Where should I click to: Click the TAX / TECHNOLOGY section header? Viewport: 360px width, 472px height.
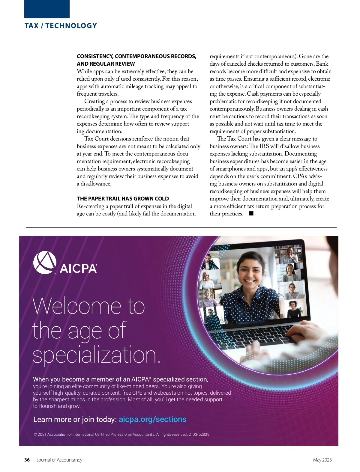(x=61, y=26)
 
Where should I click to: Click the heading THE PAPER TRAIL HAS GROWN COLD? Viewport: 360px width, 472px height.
(x=123, y=198)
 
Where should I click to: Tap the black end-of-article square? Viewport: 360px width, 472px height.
(x=251, y=213)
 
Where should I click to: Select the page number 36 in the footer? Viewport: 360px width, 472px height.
(x=27, y=460)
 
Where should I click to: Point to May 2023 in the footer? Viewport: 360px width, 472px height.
(x=322, y=460)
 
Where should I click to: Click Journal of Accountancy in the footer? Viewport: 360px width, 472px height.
(x=59, y=460)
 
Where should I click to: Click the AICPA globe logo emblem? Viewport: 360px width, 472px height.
(x=45, y=263)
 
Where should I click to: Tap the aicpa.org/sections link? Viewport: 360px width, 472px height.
(x=152, y=419)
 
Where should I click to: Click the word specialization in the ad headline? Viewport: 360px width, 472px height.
(x=96, y=355)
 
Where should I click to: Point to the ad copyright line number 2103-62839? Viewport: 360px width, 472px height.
(x=199, y=434)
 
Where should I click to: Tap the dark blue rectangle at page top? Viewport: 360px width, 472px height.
(x=47, y=9)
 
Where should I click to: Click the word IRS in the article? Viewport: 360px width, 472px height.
(x=264, y=146)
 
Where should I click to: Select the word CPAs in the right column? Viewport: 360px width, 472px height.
(x=300, y=176)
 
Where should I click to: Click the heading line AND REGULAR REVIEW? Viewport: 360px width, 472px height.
(x=106, y=64)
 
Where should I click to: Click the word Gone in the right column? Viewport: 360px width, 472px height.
(x=305, y=56)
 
